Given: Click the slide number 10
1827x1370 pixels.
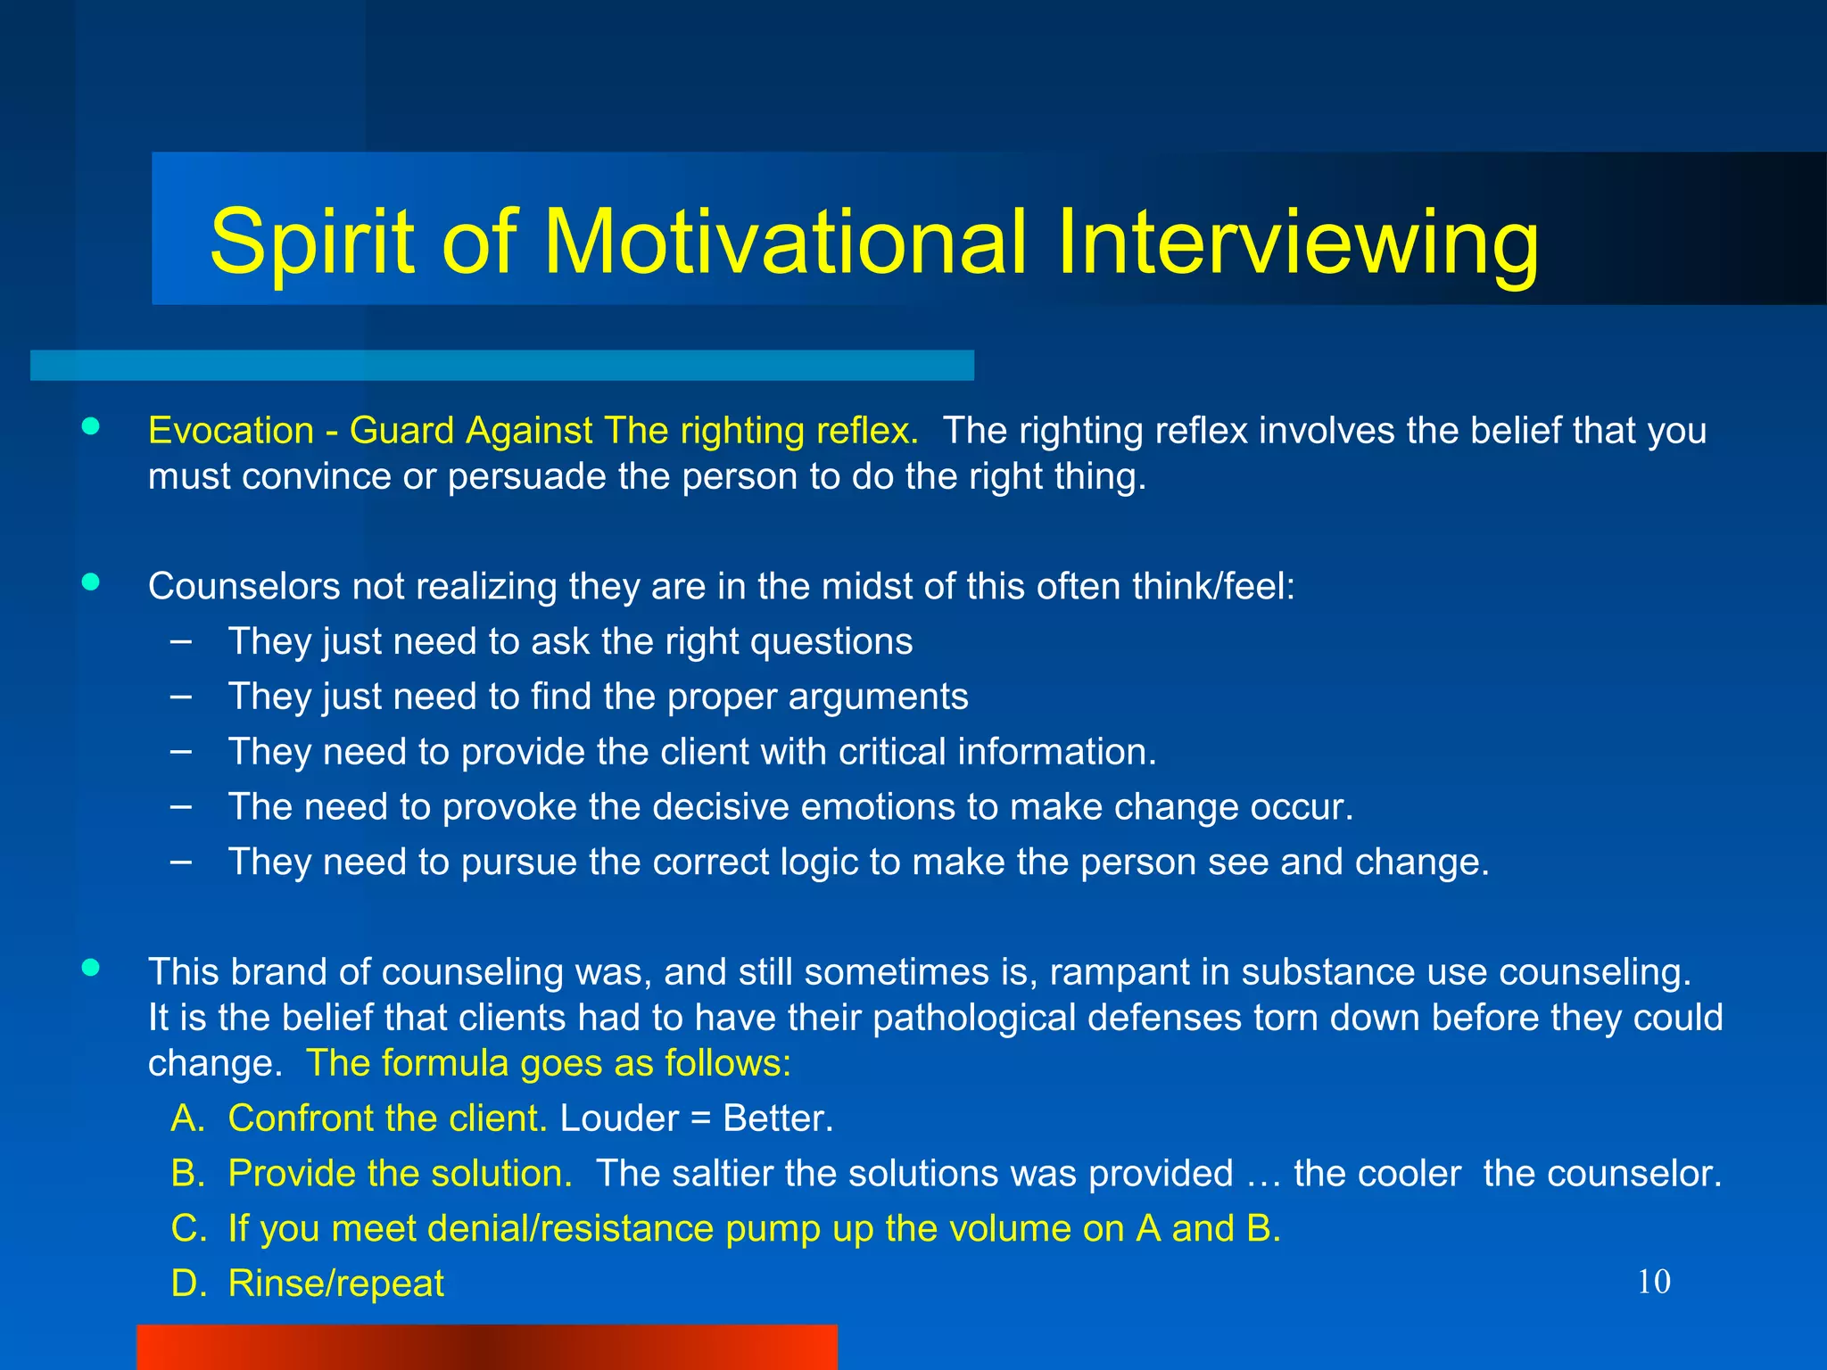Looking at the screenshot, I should (x=1654, y=1282).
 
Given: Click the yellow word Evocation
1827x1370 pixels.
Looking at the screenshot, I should (x=231, y=431).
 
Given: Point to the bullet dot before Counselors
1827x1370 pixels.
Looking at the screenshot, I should (x=90, y=582).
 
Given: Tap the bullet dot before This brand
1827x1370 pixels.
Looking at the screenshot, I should (x=90, y=968).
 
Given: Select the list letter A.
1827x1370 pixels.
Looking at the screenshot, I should (x=187, y=1118).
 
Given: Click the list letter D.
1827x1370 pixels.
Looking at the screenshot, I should (x=187, y=1283).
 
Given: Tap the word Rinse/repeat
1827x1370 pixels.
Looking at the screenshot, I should (x=335, y=1283).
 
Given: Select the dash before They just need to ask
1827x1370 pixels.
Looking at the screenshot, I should (x=180, y=640).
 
